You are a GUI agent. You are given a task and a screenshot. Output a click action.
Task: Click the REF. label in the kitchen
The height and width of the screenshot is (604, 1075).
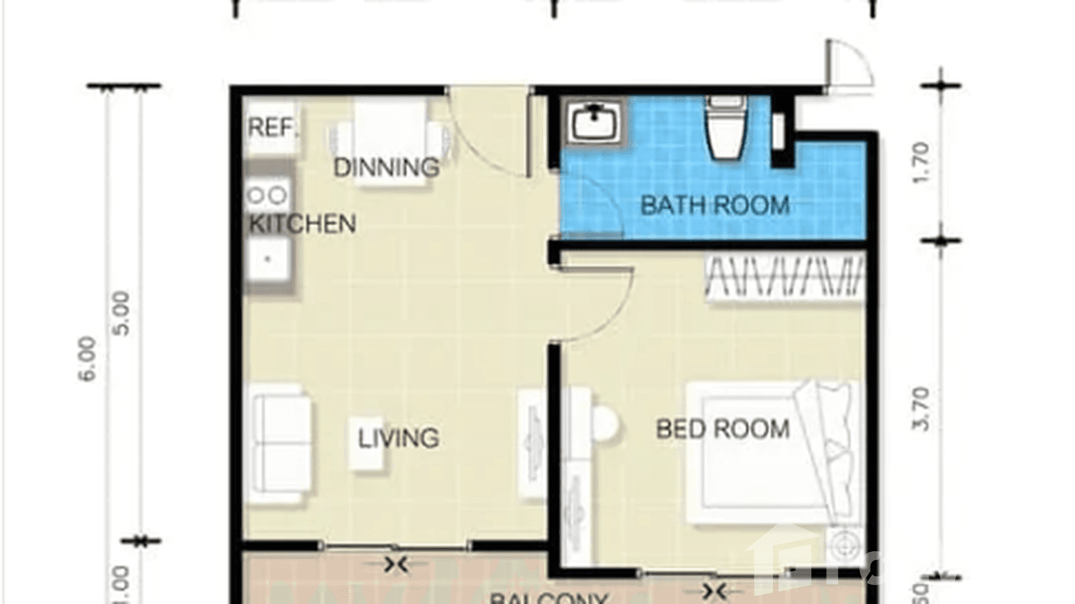[x=272, y=128]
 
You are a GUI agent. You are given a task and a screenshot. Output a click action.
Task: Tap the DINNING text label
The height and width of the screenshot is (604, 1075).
[x=387, y=168]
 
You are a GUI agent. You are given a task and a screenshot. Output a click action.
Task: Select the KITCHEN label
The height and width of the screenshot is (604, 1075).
[x=303, y=223]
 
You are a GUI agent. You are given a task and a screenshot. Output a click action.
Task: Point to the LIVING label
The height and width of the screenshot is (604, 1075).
[x=398, y=438]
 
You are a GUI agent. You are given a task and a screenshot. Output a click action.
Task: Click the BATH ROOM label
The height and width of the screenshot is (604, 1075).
[x=715, y=205]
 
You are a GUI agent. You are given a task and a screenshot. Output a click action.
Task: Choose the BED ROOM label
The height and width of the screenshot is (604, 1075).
[x=723, y=429]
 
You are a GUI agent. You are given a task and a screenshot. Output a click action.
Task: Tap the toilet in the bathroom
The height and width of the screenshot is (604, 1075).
[x=726, y=128]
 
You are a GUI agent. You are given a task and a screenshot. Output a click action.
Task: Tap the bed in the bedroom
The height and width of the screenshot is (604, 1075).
[x=769, y=453]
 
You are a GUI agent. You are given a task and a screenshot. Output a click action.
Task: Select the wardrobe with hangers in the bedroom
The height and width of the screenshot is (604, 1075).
[x=785, y=278]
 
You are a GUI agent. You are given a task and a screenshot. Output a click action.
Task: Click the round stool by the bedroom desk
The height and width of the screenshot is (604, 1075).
[x=605, y=425]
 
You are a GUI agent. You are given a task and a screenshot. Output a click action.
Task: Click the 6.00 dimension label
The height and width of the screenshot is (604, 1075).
[x=88, y=359]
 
